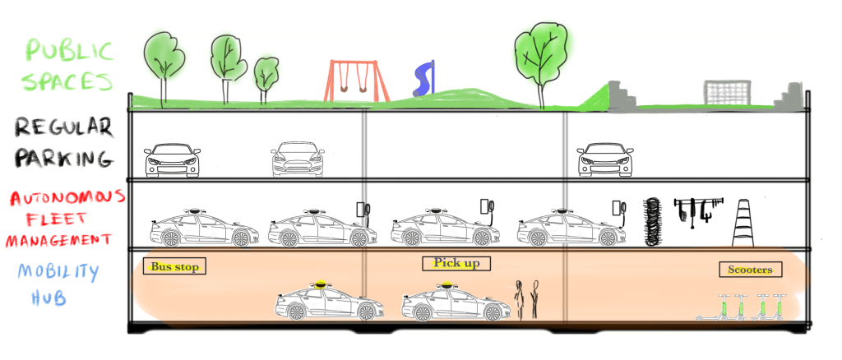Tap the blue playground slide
click(x=423, y=79)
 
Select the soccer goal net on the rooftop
click(x=727, y=93)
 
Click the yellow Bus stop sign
click(x=175, y=266)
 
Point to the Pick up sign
click(x=456, y=264)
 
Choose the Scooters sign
click(x=750, y=270)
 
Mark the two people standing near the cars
click(x=526, y=299)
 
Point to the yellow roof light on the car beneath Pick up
click(x=445, y=285)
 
